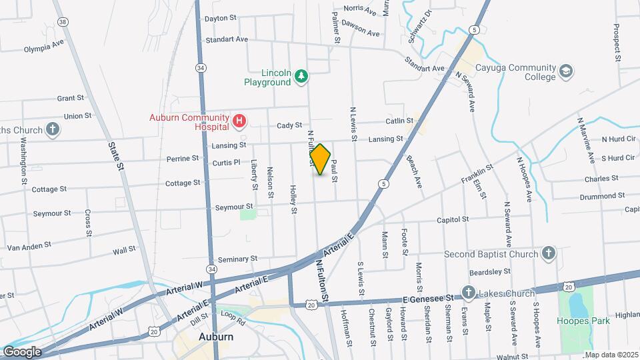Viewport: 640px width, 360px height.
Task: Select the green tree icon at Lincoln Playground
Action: [301, 76]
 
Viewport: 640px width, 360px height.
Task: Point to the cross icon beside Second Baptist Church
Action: [547, 254]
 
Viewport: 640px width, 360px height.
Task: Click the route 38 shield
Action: [63, 22]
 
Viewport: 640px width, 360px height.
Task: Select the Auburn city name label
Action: [216, 337]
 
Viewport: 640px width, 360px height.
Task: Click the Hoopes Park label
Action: [583, 321]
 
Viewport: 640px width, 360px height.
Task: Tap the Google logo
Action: [21, 352]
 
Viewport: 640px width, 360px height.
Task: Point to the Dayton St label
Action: [221, 19]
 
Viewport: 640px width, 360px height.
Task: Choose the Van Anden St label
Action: [29, 247]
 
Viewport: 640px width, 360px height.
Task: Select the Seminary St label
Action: [237, 259]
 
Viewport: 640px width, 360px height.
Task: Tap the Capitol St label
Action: [453, 219]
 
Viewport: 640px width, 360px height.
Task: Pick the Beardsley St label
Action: [489, 271]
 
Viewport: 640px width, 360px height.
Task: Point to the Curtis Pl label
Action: [226, 163]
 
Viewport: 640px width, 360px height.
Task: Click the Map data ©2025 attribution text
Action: [611, 354]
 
